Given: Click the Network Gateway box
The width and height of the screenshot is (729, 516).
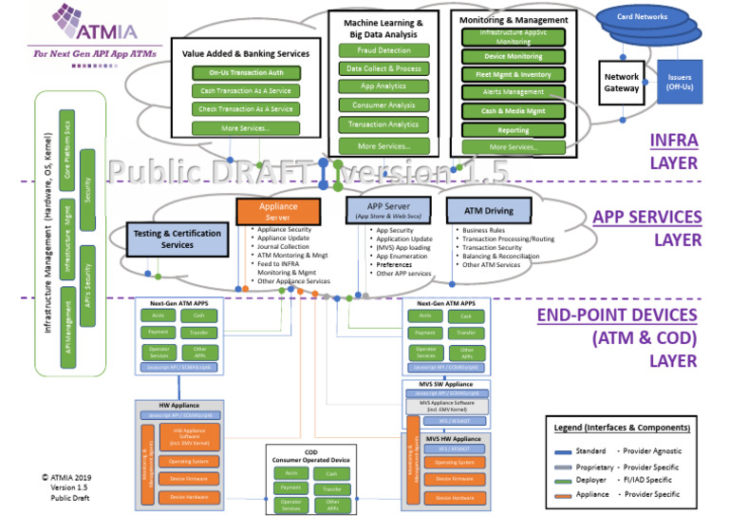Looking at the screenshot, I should pyautogui.click(x=622, y=80).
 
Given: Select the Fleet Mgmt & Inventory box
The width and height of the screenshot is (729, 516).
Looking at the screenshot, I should pyautogui.click(x=513, y=74).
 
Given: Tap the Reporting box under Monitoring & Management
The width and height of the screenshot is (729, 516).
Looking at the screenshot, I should pyautogui.click(x=513, y=129).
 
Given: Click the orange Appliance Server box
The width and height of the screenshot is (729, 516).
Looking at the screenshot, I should pyautogui.click(x=277, y=211).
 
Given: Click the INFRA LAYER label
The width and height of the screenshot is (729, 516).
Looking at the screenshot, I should pyautogui.click(x=673, y=151).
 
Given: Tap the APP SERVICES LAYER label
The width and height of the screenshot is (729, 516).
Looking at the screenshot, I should pyautogui.click(x=646, y=229).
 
